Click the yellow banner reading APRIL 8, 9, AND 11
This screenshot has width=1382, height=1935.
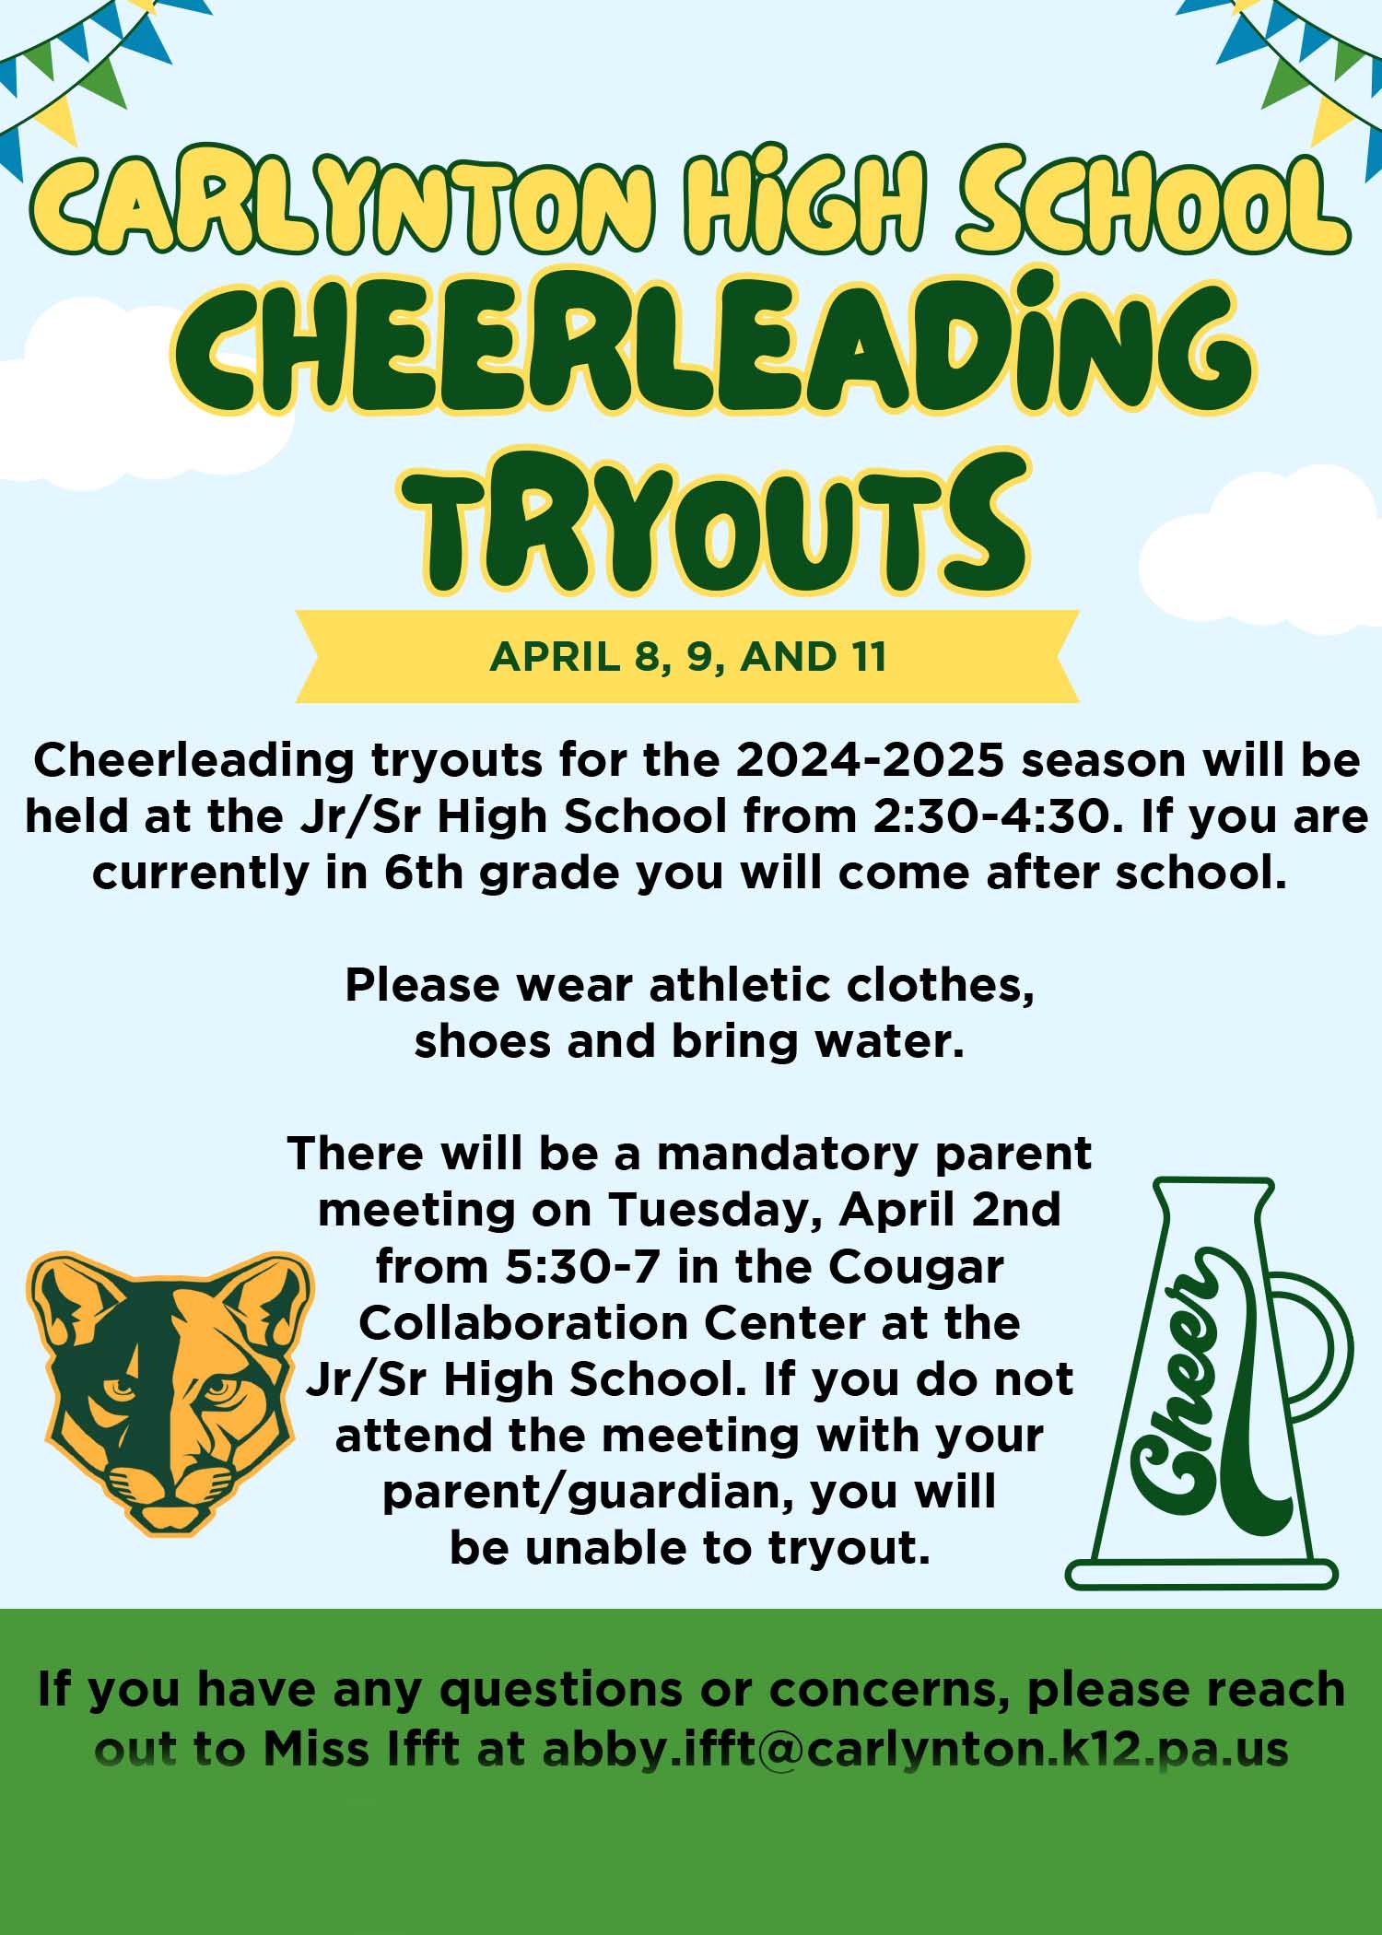pos(687,657)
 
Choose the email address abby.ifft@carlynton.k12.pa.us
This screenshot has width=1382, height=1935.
pos(915,1749)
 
